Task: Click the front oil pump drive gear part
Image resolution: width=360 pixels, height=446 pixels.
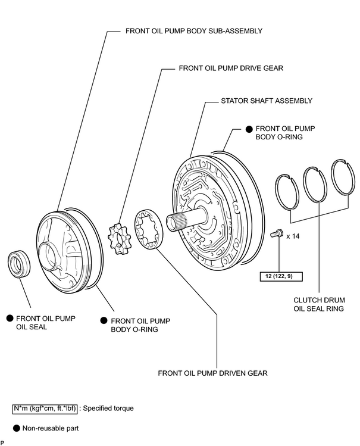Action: click(119, 239)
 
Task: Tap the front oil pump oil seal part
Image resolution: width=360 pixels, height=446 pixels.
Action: click(19, 264)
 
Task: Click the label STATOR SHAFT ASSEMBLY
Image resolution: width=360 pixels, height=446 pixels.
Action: click(267, 101)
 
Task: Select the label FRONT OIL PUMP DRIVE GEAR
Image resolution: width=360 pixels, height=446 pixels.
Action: click(231, 68)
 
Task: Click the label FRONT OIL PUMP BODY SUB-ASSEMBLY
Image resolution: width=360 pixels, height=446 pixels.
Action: click(194, 31)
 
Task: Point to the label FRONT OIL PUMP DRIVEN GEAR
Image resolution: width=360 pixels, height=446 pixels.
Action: click(212, 373)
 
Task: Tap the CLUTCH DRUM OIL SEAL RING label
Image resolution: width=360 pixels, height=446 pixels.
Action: click(319, 304)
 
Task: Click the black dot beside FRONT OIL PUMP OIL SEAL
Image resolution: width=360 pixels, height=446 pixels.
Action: click(10, 319)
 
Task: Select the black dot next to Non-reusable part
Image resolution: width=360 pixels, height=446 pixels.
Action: click(17, 428)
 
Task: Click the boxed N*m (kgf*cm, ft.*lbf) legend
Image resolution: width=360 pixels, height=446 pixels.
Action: click(45, 408)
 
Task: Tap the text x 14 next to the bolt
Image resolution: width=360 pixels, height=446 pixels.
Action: click(293, 236)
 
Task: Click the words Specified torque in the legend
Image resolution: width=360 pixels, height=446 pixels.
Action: click(108, 408)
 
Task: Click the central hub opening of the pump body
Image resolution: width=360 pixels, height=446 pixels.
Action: click(48, 255)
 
